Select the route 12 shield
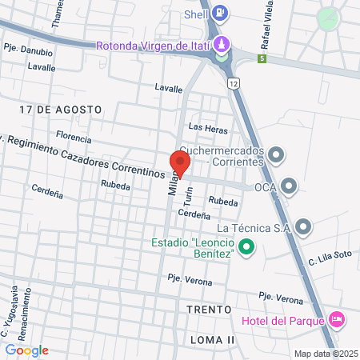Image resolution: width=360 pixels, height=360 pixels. (232, 82)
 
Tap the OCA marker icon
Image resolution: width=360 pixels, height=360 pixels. (290, 187)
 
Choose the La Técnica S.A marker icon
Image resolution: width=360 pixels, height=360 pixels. (302, 228)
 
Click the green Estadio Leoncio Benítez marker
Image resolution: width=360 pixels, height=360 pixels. (247, 248)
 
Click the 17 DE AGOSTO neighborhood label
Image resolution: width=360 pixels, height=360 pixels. (62, 108)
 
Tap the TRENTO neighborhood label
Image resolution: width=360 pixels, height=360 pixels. (209, 309)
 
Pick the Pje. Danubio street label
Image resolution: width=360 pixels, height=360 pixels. (28, 51)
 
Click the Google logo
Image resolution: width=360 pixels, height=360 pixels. (26, 350)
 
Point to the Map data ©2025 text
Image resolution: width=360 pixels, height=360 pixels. (326, 354)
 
